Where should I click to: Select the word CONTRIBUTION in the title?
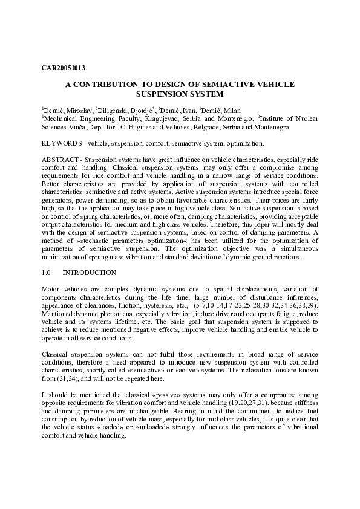point(106,85)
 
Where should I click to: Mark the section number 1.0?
point(47,273)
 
